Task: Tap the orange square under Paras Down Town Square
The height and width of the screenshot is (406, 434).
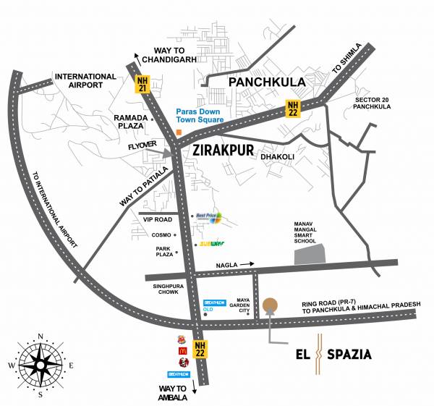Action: click(179, 132)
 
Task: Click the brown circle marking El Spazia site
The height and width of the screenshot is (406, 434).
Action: click(270, 305)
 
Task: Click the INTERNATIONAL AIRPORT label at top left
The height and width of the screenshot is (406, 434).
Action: click(85, 81)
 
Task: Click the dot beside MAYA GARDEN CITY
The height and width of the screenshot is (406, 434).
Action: click(248, 313)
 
